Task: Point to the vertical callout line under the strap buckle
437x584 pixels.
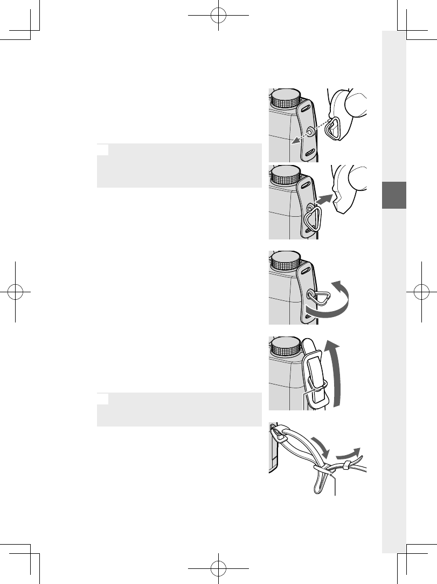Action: coord(335,483)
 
